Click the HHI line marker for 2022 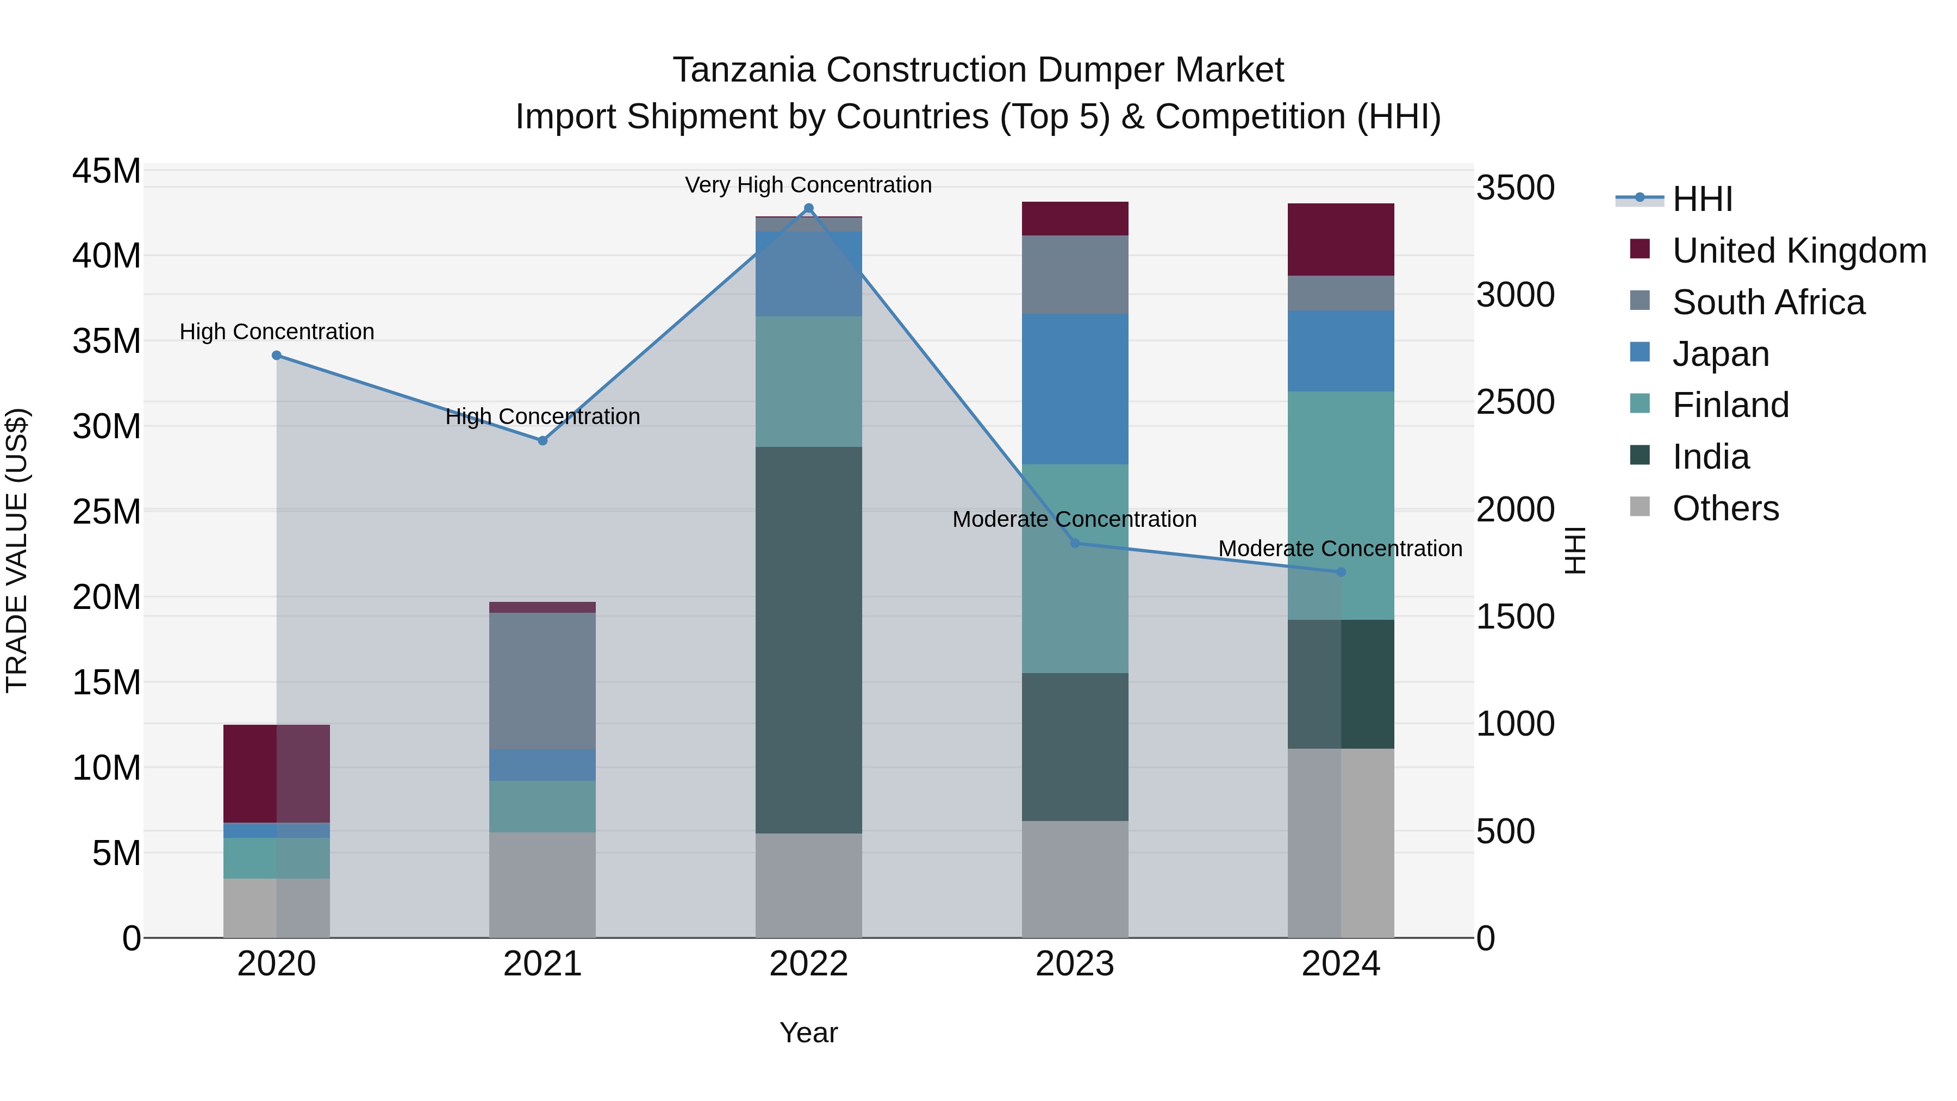[808, 208]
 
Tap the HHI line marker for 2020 [277, 356]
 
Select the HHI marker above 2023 [1074, 543]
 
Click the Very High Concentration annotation [808, 185]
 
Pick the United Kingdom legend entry [1798, 251]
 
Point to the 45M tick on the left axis [107, 171]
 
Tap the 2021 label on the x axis [543, 964]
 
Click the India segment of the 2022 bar [808, 640]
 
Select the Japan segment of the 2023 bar [1074, 389]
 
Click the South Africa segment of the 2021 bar [543, 681]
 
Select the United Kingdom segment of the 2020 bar [277, 774]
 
